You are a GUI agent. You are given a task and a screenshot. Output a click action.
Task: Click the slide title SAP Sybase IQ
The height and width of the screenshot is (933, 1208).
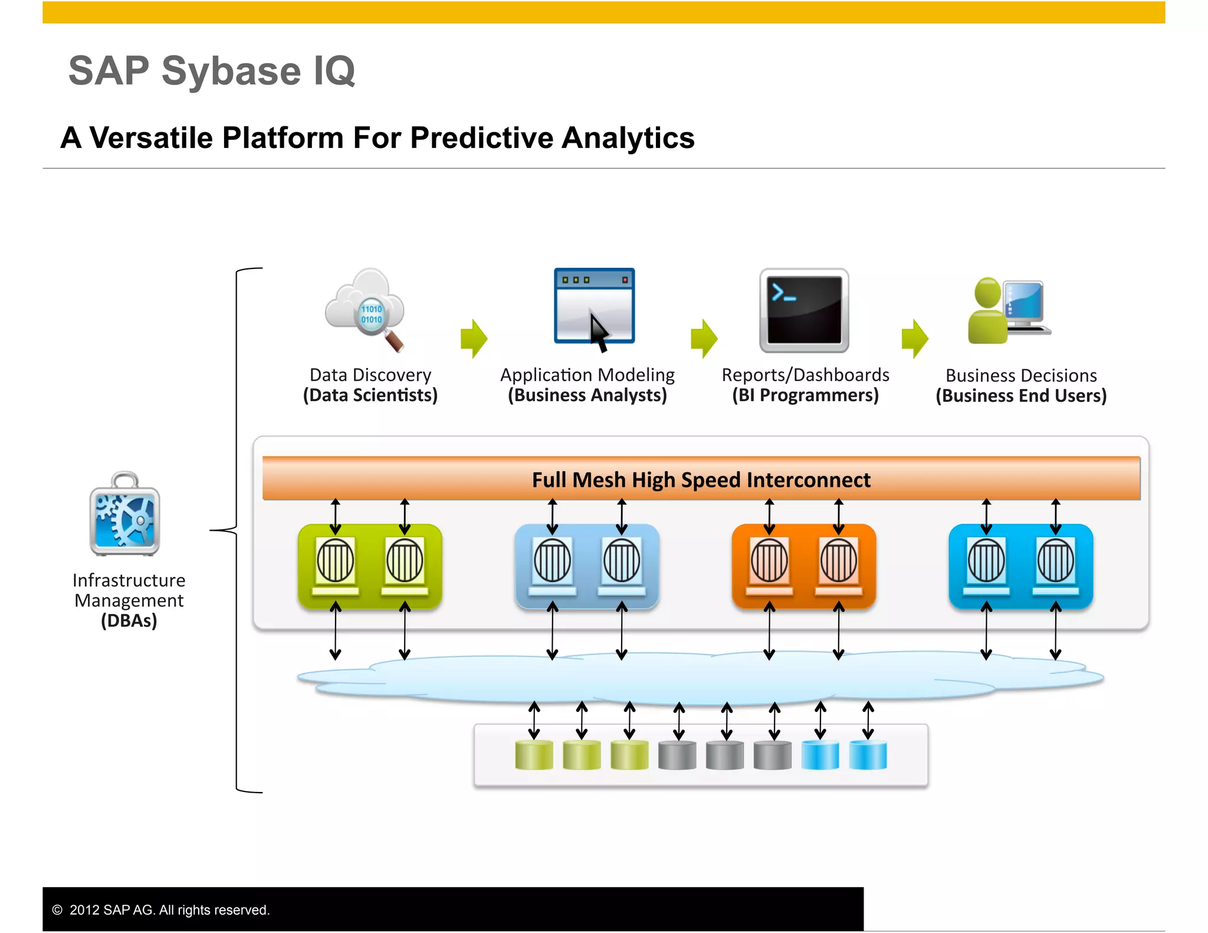coord(212,71)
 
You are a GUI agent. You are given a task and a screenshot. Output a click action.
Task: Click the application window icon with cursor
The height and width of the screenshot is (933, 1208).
coord(594,307)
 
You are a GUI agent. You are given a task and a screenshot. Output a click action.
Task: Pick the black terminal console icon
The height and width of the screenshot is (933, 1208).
coord(804,310)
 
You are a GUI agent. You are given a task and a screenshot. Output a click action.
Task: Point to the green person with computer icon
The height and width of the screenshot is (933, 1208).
coord(1008,310)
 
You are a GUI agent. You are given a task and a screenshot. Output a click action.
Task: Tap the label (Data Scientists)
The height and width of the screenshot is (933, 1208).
coord(370,395)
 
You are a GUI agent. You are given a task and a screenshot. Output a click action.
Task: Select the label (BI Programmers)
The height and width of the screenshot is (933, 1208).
coord(805,395)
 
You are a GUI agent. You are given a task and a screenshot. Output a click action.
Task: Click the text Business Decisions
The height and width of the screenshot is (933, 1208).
coord(1021,376)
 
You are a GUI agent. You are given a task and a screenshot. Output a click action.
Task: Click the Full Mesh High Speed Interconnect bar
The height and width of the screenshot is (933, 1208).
coord(701,479)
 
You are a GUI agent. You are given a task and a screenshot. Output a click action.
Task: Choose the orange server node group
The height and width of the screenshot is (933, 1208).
coord(803,566)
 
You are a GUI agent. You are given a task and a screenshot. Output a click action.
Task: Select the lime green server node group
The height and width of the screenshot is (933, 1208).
coord(370,566)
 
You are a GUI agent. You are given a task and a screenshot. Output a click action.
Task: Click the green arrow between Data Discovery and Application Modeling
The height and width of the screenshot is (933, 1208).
coord(474,339)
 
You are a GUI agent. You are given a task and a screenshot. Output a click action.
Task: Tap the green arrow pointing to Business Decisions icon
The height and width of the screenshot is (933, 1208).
coord(915,339)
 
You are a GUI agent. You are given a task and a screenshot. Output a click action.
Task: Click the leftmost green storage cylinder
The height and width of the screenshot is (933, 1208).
coord(534,755)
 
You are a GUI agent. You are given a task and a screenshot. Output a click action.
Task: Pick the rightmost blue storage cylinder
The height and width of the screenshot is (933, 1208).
coord(868,755)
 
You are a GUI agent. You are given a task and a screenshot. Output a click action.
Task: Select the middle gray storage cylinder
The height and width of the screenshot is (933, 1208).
coord(724,755)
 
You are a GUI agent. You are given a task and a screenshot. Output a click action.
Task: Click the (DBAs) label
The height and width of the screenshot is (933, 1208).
coord(129,621)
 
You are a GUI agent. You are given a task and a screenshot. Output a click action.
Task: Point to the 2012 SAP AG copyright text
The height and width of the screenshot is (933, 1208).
coord(169,910)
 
